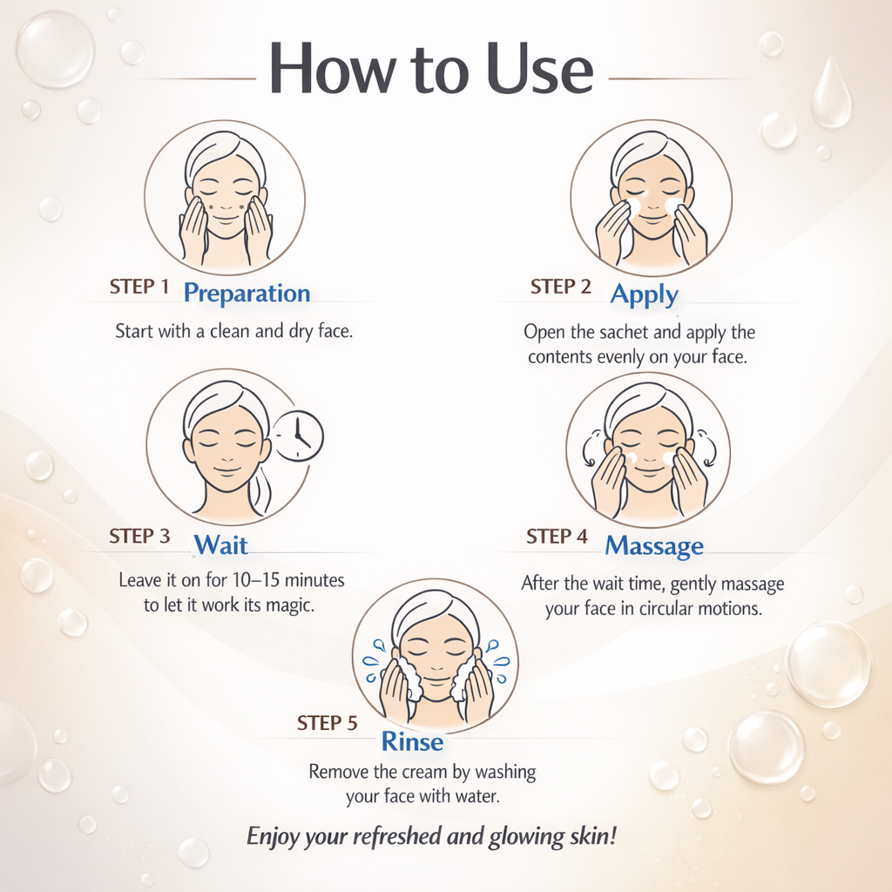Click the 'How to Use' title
pos(431,68)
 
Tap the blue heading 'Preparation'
pos(247,294)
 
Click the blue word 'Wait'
pos(220,545)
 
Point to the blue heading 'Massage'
pos(653,546)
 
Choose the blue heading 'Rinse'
pos(412,741)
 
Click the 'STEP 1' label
pos(139,287)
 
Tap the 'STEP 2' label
pos(561,287)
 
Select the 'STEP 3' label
pos(139,536)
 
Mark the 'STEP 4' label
pos(557,536)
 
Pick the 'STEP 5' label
pos(328,723)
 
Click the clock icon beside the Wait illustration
pos(298,436)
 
